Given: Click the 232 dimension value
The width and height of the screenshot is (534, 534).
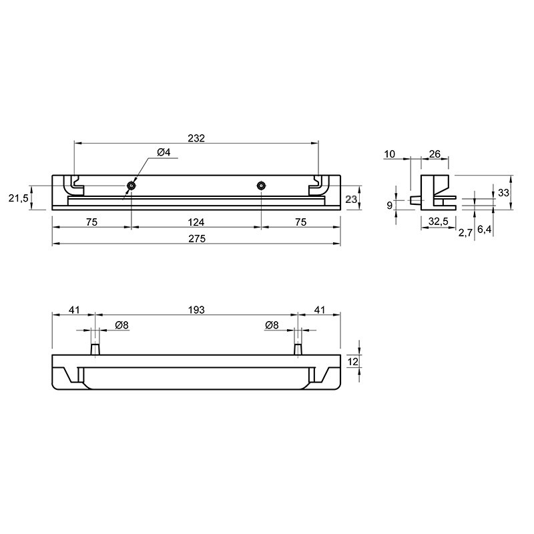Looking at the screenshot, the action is point(196,138).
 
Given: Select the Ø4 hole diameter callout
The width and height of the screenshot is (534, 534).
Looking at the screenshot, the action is point(164,152).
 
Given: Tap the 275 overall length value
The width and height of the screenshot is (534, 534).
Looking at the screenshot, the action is point(197,239).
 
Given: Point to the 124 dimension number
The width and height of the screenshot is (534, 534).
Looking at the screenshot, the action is point(196,222).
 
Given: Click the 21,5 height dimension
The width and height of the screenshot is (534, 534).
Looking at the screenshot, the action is point(19,198).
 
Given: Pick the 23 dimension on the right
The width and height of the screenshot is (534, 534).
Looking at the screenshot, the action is point(351,199).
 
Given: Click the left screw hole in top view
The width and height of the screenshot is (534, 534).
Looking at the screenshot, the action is point(131,186).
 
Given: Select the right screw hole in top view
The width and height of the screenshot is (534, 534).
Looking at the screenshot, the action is point(261,186).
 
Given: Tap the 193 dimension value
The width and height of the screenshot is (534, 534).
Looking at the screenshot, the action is point(196,310).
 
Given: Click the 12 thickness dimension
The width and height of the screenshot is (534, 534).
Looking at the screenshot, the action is point(353,361).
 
